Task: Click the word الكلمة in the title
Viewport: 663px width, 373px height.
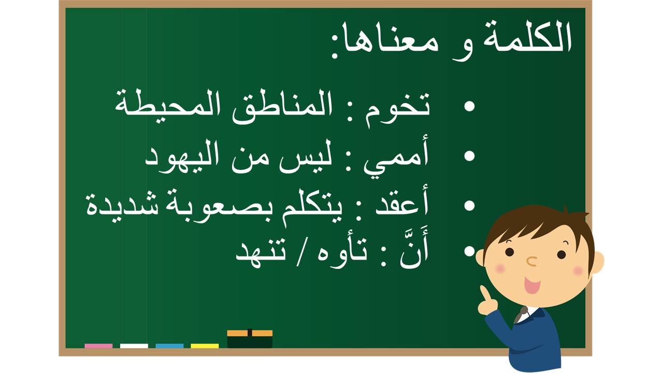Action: tap(527, 38)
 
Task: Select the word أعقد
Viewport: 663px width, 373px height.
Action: tap(401, 203)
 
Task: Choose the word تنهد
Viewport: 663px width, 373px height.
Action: tap(261, 255)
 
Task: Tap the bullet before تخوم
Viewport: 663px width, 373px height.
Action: tap(469, 106)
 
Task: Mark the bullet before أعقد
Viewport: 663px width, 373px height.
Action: tap(469, 206)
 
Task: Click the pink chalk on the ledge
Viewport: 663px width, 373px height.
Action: tap(98, 346)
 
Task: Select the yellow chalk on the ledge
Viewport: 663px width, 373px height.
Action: tap(205, 346)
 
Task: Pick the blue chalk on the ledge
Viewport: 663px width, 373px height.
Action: tap(169, 346)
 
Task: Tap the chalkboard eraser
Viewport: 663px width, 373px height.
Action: tap(250, 339)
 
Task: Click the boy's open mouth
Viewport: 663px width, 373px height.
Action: tap(531, 284)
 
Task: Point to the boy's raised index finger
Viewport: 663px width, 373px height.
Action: tap(484, 293)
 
